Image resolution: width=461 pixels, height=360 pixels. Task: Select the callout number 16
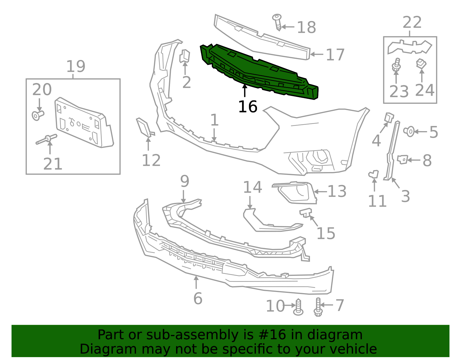click(247, 107)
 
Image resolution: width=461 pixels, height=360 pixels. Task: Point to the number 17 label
click(335, 55)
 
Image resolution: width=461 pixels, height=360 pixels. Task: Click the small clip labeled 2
click(185, 56)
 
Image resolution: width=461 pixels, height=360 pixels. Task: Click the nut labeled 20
click(37, 115)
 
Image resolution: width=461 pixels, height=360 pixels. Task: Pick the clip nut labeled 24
click(421, 63)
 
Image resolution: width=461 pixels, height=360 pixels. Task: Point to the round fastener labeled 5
click(409, 131)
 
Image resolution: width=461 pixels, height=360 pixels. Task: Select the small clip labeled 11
click(374, 174)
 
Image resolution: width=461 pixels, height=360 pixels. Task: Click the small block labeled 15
click(306, 213)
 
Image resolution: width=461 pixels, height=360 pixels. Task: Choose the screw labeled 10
click(298, 307)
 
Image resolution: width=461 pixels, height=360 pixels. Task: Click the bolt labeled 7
click(318, 307)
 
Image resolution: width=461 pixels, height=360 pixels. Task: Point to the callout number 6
click(198, 298)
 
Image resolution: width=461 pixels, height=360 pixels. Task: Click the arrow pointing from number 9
click(184, 196)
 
